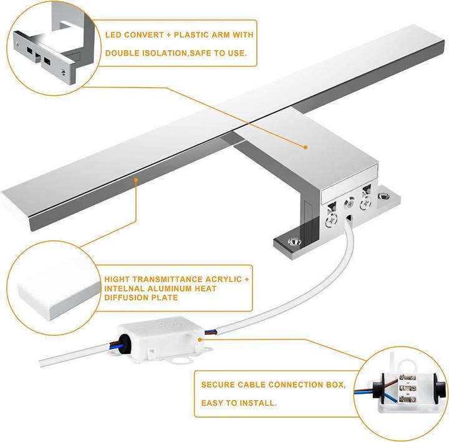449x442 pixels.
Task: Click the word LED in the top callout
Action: pyautogui.click(x=113, y=36)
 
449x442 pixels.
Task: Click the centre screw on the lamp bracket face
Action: pyautogui.click(x=350, y=204)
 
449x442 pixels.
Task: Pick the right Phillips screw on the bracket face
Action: pyautogui.click(x=365, y=200)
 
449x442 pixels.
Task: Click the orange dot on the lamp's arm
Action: pyautogui.click(x=306, y=147)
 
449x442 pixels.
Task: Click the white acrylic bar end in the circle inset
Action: pyautogui.click(x=50, y=291)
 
